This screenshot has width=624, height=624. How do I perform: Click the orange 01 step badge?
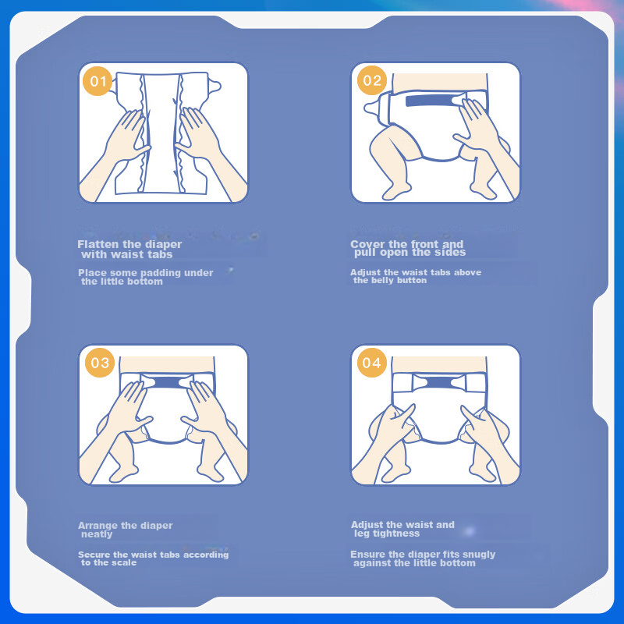click(x=97, y=81)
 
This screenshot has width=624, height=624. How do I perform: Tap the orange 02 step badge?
click(x=372, y=80)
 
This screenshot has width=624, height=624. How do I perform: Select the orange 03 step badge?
click(x=100, y=363)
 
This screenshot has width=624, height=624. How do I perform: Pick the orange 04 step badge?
click(x=372, y=363)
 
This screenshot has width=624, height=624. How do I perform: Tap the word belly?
click(x=383, y=281)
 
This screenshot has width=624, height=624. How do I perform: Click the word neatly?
click(x=97, y=534)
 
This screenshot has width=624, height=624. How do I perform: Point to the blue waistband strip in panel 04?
click(x=439, y=383)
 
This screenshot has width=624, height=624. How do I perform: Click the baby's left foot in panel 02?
click(x=395, y=192)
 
